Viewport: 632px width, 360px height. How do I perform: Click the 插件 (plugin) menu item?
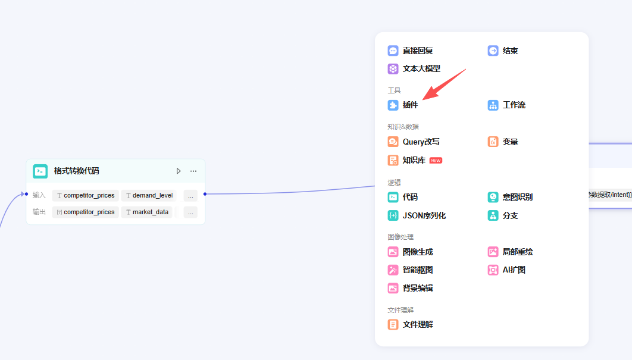(403, 105)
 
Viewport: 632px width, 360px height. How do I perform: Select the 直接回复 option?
(410, 51)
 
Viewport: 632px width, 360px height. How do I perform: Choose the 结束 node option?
(503, 51)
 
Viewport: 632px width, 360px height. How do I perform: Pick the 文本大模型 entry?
(414, 68)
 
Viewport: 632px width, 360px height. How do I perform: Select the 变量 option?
(503, 142)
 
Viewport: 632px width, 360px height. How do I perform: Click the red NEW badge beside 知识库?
(436, 161)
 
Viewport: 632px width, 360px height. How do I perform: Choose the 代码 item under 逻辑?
(403, 197)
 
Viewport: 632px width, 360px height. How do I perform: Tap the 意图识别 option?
(510, 197)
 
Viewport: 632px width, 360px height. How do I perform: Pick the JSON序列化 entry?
(417, 215)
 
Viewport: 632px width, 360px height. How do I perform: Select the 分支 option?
(503, 215)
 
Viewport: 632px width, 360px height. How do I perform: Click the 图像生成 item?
(410, 252)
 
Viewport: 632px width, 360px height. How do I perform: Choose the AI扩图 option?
(506, 270)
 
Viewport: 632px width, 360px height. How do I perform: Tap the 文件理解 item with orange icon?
(410, 324)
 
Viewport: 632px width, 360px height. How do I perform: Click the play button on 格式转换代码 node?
(179, 171)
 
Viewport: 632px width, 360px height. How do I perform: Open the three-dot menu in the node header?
(193, 171)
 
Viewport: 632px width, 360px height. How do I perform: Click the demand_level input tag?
(149, 196)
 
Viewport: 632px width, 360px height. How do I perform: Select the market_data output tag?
(147, 212)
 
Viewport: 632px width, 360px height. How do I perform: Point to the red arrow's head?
(423, 99)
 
